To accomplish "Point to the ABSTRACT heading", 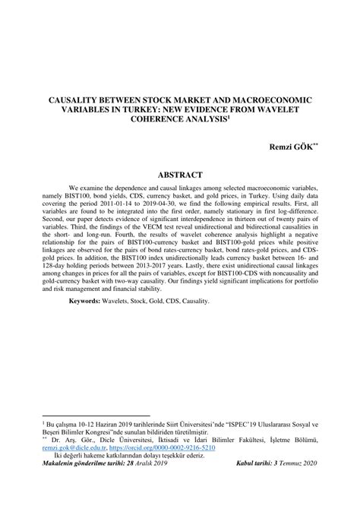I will tap(180, 174).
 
